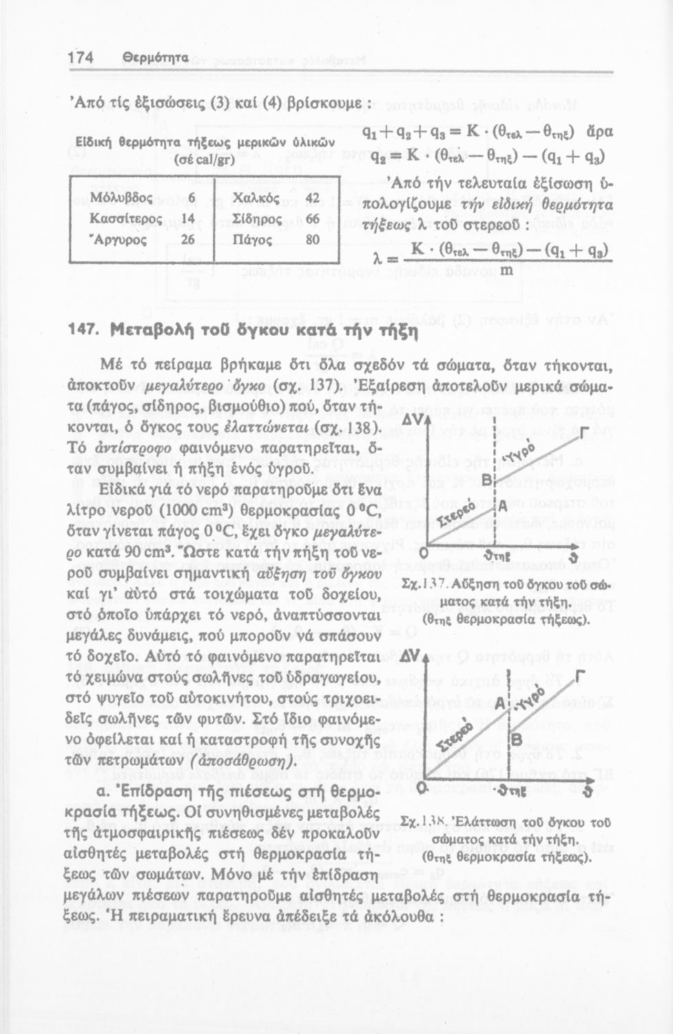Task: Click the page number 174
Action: coord(81,59)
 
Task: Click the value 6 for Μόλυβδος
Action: coord(192,198)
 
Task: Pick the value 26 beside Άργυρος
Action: coord(187,239)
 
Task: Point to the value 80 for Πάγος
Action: coord(313,239)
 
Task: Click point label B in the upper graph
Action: coord(486,478)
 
